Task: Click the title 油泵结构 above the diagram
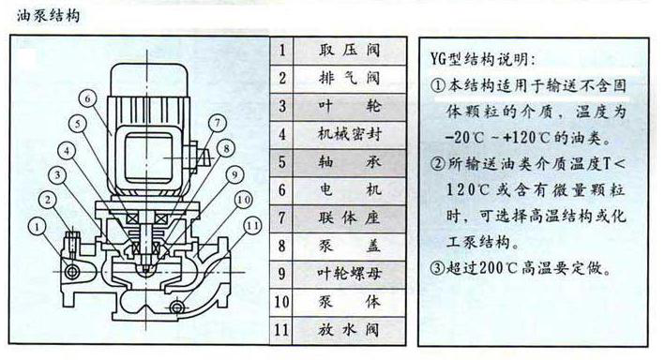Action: pyautogui.click(x=49, y=16)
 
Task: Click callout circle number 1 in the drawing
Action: pyautogui.click(x=38, y=227)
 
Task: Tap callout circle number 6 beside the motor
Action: pyautogui.click(x=87, y=98)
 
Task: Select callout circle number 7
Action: pyautogui.click(x=218, y=124)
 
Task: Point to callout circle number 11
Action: pyautogui.click(x=252, y=226)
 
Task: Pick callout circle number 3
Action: pyautogui.click(x=57, y=174)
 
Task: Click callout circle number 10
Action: pyautogui.click(x=243, y=200)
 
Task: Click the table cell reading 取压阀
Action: pyautogui.click(x=349, y=51)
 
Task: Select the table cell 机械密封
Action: pyautogui.click(x=350, y=134)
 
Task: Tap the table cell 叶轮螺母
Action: pyautogui.click(x=350, y=274)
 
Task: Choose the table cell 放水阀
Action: pyautogui.click(x=349, y=329)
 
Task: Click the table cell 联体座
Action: pyautogui.click(x=349, y=217)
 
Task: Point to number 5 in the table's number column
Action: pyautogui.click(x=282, y=162)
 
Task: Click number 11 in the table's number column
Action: pyautogui.click(x=281, y=329)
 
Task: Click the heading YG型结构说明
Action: pyautogui.click(x=482, y=59)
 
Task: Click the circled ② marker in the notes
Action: pyautogui.click(x=437, y=163)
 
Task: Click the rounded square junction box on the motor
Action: pyautogui.click(x=147, y=157)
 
